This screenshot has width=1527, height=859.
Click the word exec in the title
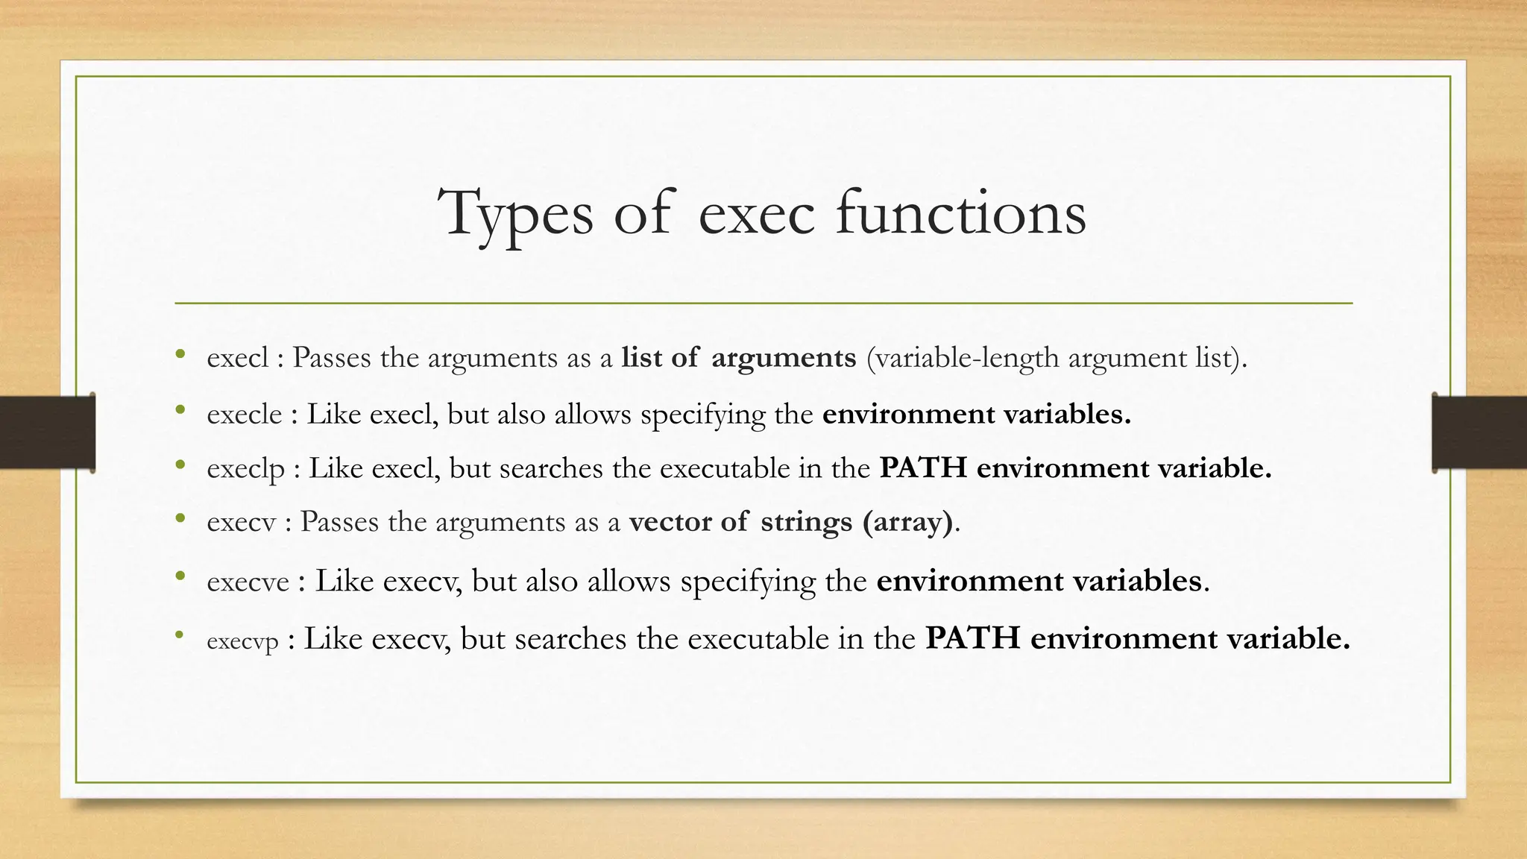click(756, 215)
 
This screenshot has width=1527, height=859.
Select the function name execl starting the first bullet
click(237, 358)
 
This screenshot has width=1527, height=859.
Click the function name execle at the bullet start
click(245, 415)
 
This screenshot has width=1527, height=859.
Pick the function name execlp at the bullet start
click(246, 469)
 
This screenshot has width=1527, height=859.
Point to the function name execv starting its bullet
click(241, 522)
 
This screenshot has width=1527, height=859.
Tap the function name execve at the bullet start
click(248, 582)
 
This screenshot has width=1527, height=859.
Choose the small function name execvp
click(242, 641)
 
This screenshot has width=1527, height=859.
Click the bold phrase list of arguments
click(738, 358)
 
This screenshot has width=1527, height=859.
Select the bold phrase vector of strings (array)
click(790, 522)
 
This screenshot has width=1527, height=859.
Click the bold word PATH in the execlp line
click(923, 468)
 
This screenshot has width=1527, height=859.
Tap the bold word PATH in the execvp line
click(973, 638)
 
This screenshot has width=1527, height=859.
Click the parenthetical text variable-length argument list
click(1056, 359)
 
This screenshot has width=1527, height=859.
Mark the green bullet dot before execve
click(179, 576)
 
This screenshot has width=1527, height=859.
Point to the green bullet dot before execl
click(179, 353)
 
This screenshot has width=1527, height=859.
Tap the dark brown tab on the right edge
click(1479, 432)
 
